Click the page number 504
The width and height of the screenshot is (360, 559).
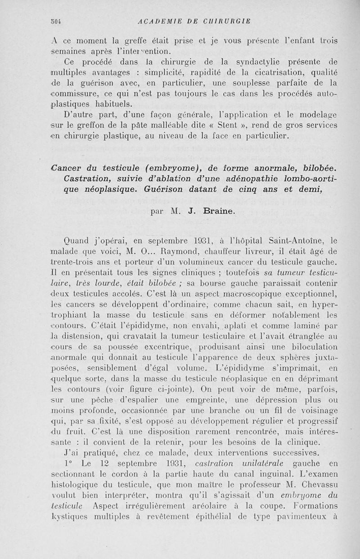(56, 21)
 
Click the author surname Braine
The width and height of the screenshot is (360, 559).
(219, 210)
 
